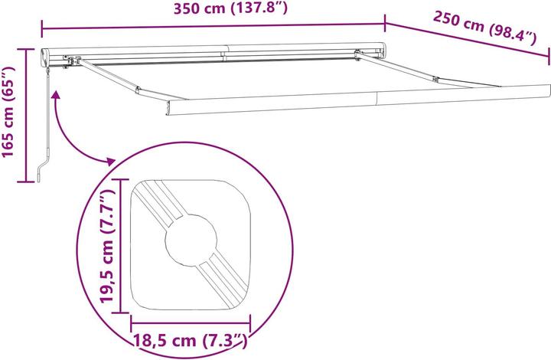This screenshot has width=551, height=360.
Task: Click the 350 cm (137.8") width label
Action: [230, 8]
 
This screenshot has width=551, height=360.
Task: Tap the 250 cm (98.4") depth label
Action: [485, 28]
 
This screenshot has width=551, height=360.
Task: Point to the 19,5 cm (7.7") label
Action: [107, 246]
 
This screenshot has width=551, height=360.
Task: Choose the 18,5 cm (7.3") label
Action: [191, 340]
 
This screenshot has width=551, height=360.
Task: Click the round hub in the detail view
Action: [191, 240]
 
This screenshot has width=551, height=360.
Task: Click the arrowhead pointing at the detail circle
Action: [110, 162]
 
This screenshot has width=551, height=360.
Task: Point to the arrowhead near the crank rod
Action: [56, 96]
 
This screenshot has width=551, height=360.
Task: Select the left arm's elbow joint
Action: [138, 90]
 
